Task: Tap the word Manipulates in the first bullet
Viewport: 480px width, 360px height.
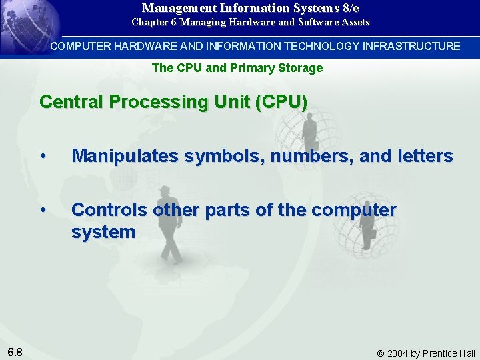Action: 125,156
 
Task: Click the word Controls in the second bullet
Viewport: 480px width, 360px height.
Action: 109,210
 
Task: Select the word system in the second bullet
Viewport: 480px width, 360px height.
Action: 103,232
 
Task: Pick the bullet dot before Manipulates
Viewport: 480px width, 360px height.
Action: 43,156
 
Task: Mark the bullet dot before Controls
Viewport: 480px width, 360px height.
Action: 43,210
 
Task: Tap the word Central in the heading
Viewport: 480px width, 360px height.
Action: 69,102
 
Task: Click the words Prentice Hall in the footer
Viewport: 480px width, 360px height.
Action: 449,353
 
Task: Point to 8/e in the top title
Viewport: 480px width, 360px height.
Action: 349,8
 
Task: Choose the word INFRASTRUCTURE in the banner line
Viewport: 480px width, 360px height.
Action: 411,46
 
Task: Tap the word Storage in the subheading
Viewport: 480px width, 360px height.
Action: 302,67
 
